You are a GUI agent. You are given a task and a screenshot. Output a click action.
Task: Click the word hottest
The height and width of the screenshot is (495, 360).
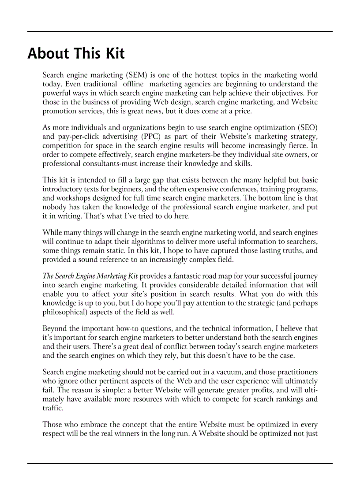[207, 75]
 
